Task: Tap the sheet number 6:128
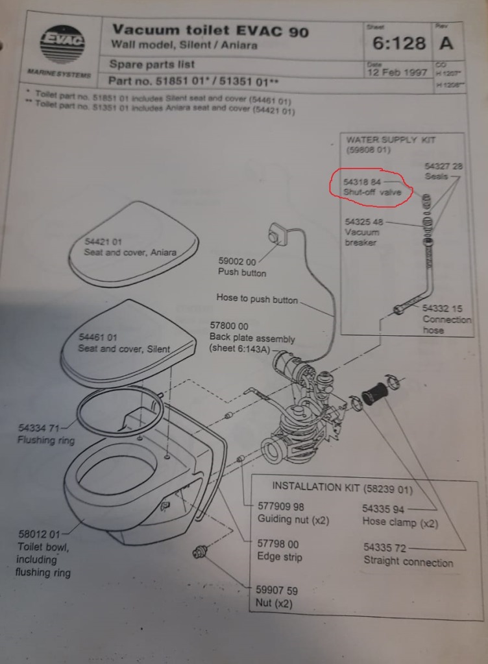click(x=399, y=43)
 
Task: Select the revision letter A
click(x=446, y=43)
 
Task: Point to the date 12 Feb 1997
click(x=397, y=72)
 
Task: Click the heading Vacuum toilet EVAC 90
click(x=210, y=30)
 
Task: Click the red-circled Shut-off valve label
click(x=368, y=187)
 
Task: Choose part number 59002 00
click(x=237, y=261)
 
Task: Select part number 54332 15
click(x=442, y=309)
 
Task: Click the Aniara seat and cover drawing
click(x=133, y=243)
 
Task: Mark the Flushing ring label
click(x=45, y=440)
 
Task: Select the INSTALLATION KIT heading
click(x=342, y=488)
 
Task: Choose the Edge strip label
click(x=280, y=557)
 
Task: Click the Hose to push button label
click(x=257, y=299)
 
